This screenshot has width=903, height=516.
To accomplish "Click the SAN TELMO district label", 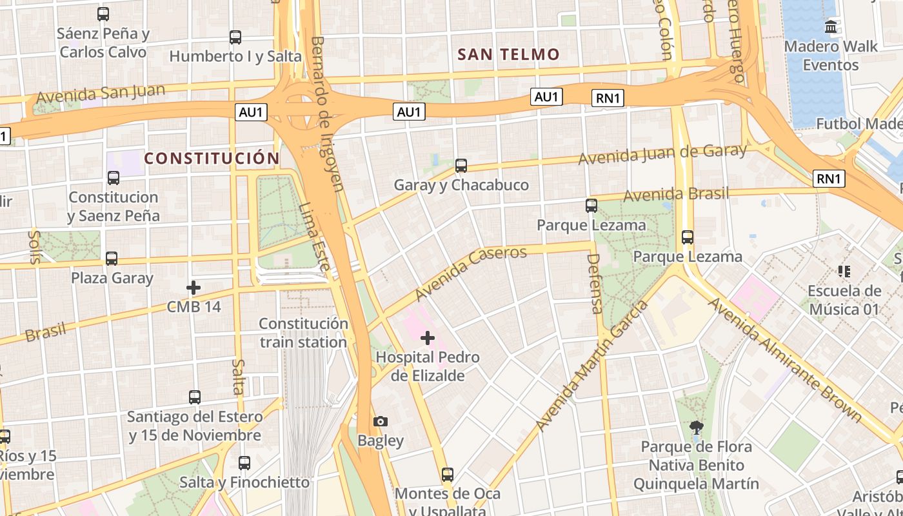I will click(x=508, y=55).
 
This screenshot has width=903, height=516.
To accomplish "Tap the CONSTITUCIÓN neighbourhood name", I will click(x=212, y=158).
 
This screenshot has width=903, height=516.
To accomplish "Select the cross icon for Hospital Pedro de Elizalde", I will click(x=428, y=337).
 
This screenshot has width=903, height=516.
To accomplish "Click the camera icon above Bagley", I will click(x=381, y=421).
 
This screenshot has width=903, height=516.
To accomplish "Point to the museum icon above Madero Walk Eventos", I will click(x=831, y=27).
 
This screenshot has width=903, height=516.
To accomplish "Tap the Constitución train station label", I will click(x=303, y=333).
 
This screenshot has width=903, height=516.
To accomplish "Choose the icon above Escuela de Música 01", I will click(x=844, y=272).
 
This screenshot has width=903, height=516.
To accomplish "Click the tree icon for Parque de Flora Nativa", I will click(x=696, y=426).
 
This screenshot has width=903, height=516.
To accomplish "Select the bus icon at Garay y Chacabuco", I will click(x=461, y=166).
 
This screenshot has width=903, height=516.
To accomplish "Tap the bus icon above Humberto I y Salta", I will click(x=235, y=37).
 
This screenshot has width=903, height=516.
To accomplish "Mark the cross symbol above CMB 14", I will click(x=193, y=287).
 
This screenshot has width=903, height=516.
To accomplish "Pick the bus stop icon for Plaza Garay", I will click(x=112, y=259).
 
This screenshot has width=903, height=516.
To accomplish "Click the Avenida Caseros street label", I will click(x=471, y=273).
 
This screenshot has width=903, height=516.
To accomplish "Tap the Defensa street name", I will click(x=594, y=284).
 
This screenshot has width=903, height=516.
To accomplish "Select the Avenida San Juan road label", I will click(x=101, y=94).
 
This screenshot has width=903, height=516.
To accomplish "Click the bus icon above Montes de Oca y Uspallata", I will click(x=448, y=475).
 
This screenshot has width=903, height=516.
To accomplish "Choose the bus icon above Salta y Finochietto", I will click(x=244, y=462).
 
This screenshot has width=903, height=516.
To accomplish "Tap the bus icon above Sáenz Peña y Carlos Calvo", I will click(x=103, y=14).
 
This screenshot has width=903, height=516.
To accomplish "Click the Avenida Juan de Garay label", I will click(x=662, y=154).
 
